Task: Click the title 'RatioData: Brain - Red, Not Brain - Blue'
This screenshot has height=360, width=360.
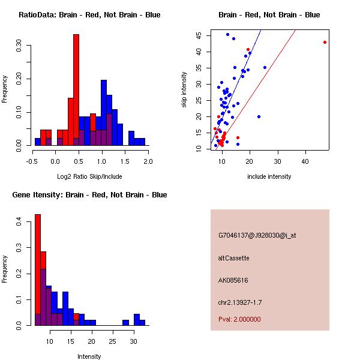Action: pyautogui.click(x=89, y=14)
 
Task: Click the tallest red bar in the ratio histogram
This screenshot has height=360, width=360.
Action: pyautogui.click(x=76, y=90)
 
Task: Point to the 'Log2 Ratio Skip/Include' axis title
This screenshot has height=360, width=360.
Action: pyautogui.click(x=89, y=176)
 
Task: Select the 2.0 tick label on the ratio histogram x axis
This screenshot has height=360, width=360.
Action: pyautogui.click(x=148, y=161)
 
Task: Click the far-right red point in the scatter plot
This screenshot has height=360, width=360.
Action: pyautogui.click(x=325, y=42)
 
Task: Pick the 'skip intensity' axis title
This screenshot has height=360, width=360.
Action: pyautogui.click(x=185, y=90)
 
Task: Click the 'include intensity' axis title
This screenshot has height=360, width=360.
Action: pyautogui.click(x=269, y=176)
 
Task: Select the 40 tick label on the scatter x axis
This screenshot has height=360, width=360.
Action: pyautogui.click(x=305, y=161)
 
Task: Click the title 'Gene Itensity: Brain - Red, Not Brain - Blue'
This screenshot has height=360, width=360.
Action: pyautogui.click(x=89, y=194)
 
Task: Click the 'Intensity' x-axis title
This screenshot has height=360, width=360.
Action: pyautogui.click(x=89, y=356)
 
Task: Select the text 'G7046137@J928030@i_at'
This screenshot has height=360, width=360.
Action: pyautogui.click(x=257, y=235)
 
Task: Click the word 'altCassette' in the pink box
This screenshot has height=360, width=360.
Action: pyautogui.click(x=234, y=258)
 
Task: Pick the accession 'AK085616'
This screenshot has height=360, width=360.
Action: pyautogui.click(x=233, y=280)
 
